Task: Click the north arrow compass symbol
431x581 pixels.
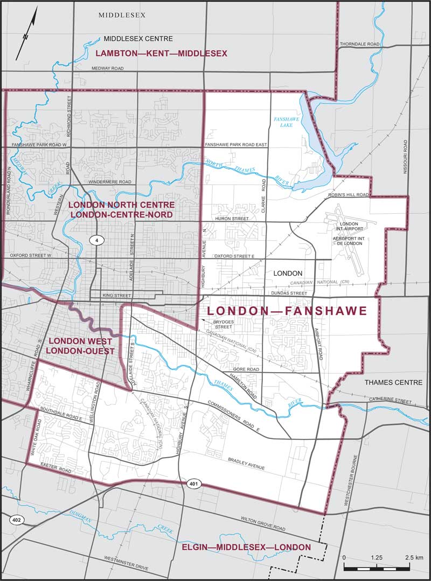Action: pos(26,33)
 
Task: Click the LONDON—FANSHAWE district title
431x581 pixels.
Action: pos(287,311)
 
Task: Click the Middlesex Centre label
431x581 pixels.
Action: pos(138,39)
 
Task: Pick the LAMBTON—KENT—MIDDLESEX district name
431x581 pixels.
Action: pos(162,53)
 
